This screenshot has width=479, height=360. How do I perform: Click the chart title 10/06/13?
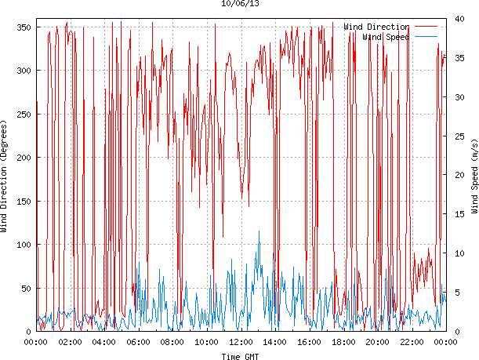[240, 4]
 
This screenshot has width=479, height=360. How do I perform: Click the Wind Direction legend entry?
[376, 27]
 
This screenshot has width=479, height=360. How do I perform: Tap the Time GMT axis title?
[240, 356]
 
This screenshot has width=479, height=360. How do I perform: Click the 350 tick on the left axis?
[23, 27]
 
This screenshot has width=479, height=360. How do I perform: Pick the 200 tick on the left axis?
[23, 158]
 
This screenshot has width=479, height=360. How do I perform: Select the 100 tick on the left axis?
[23, 245]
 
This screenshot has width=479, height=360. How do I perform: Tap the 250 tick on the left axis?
[23, 115]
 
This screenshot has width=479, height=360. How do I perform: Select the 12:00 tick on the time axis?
[241, 342]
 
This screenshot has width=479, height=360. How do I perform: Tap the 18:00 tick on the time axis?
[343, 342]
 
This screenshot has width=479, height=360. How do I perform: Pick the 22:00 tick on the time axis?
[412, 342]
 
